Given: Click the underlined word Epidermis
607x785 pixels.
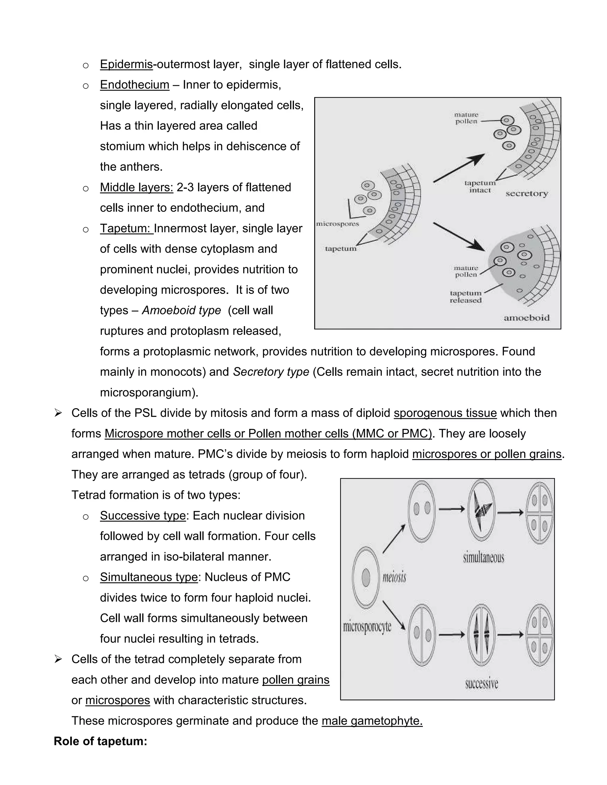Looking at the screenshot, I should click(x=126, y=64).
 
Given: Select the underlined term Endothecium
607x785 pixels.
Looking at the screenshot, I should click(x=135, y=85).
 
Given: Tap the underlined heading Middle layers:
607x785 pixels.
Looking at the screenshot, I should click(x=136, y=187).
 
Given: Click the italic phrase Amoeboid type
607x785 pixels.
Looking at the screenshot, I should click(x=181, y=310).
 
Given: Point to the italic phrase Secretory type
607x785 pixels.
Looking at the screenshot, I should click(x=271, y=372).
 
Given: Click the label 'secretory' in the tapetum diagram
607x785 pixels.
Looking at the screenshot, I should click(x=526, y=194).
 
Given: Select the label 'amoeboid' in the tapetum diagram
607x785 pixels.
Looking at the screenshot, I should click(x=526, y=318).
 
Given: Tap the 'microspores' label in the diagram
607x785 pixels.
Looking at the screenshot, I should click(x=337, y=224).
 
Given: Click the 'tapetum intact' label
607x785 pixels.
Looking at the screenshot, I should click(x=480, y=187).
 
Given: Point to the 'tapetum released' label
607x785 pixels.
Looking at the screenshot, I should click(x=465, y=297).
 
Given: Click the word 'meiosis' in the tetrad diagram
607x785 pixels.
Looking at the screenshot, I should click(x=394, y=578).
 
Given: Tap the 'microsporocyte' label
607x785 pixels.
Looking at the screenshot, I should click(x=367, y=627).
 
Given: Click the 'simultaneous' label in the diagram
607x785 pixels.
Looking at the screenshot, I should click(x=483, y=558).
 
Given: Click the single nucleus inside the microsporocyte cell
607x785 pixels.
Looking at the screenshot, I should click(x=366, y=578).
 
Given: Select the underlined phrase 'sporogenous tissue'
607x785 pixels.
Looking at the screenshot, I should click(x=445, y=413).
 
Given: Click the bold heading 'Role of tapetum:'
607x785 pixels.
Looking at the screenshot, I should click(x=100, y=741).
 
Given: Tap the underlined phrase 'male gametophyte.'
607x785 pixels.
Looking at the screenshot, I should click(x=372, y=721).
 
